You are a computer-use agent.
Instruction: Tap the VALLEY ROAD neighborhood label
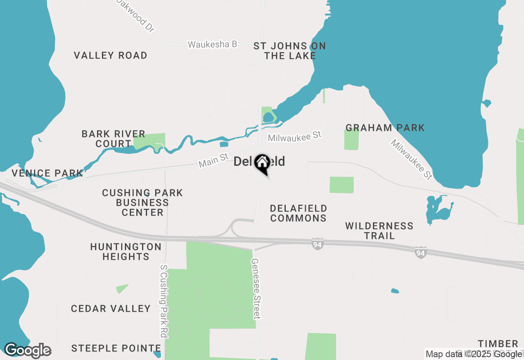click(111, 56)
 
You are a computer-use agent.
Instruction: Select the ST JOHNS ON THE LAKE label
click(290, 51)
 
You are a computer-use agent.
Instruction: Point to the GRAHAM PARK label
click(385, 128)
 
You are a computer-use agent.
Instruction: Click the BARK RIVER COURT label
click(113, 139)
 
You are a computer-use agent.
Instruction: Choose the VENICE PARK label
click(47, 173)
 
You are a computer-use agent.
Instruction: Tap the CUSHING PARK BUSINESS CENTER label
click(142, 202)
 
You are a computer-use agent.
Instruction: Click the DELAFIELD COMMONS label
click(298, 214)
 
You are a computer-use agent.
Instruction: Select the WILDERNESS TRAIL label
click(379, 231)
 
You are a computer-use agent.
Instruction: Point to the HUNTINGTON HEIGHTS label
click(126, 252)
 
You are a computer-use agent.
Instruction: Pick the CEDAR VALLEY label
click(111, 309)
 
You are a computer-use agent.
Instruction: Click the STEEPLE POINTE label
click(116, 349)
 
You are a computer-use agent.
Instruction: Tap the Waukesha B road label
click(212, 44)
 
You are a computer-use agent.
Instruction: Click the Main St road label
click(213, 160)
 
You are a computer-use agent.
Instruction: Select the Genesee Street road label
click(256, 288)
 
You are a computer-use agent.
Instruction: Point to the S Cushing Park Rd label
click(164, 301)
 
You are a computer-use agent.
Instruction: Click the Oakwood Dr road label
click(138, 16)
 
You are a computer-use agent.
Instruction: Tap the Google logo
click(27, 351)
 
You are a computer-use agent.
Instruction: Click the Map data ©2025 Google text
click(474, 354)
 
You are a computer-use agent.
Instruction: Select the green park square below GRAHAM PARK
click(351, 139)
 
